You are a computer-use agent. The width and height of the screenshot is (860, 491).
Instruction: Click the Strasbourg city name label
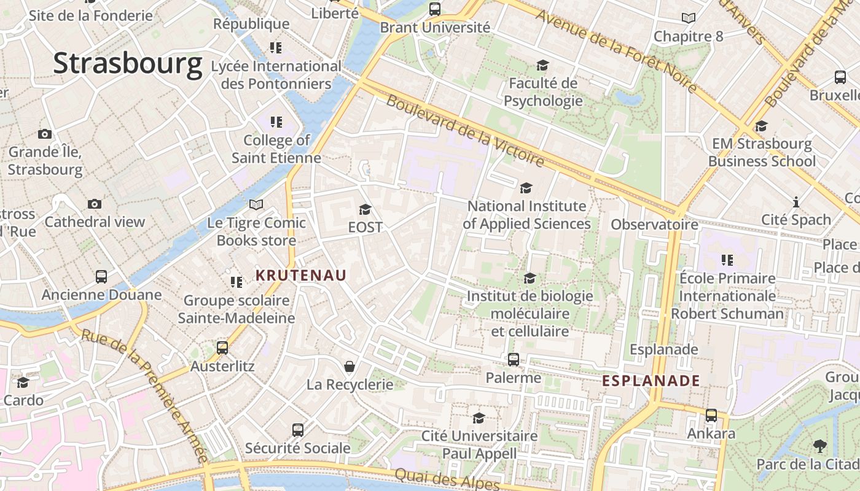(128, 64)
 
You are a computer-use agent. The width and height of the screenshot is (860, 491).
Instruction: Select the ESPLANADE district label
(651, 381)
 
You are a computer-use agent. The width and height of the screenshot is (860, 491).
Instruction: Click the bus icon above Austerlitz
(222, 348)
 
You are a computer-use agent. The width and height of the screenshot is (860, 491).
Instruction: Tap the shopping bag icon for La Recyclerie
(349, 366)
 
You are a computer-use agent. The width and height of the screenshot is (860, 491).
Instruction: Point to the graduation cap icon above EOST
(365, 210)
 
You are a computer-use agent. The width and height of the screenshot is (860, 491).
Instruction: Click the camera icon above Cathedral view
(94, 204)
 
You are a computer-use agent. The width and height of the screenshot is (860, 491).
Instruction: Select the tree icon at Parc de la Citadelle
(819, 446)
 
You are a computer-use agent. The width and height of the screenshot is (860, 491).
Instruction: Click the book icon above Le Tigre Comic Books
(256, 204)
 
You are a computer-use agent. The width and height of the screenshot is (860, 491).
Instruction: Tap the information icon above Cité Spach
(796, 202)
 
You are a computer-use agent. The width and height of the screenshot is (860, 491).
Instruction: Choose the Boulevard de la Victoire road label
(465, 131)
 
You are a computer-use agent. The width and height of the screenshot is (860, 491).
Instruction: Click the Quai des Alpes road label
(447, 479)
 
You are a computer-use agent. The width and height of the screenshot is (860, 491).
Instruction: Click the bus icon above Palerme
(513, 360)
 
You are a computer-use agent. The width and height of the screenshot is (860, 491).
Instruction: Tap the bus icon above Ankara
(711, 416)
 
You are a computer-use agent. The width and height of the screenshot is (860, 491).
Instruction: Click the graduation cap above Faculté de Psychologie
(542, 65)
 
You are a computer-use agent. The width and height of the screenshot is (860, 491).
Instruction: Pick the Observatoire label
(654, 225)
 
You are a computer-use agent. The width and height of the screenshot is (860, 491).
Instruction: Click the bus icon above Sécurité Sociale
(298, 430)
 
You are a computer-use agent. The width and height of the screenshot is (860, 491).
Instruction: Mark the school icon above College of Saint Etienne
(276, 122)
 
